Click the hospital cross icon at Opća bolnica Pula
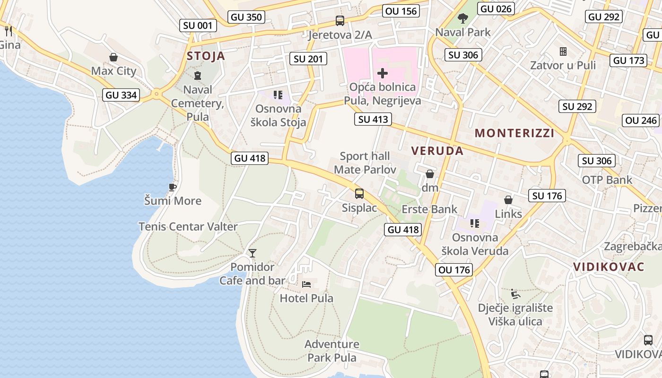point(383,73)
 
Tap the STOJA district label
point(206,56)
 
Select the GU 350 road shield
point(246,17)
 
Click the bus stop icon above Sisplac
point(359,193)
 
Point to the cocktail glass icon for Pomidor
point(253,253)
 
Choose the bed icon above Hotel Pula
point(306,284)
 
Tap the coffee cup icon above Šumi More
point(173,187)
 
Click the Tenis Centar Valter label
point(188,226)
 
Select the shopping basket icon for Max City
point(113,57)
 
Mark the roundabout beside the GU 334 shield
point(156,94)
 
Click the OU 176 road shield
point(454,270)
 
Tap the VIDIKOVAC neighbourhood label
point(609,266)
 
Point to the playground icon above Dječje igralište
point(515,294)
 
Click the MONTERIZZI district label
point(514,133)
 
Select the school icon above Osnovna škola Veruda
point(474,223)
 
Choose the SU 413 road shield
point(373,120)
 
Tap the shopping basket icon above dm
point(430,174)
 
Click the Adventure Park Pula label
point(332,351)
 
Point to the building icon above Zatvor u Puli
point(563,51)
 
